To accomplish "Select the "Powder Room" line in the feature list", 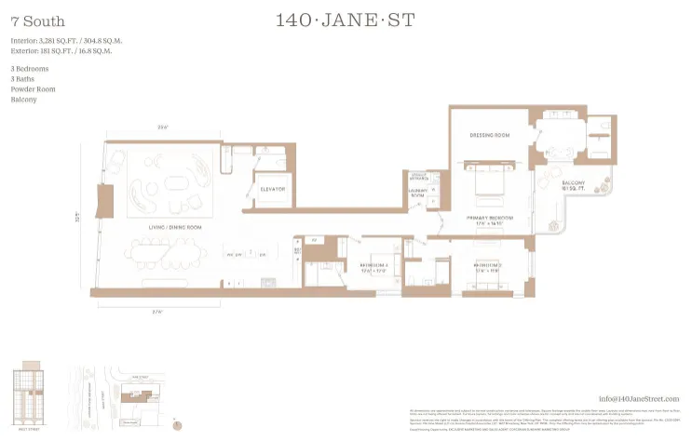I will coord(34,88).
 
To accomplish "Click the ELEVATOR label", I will coord(273,189).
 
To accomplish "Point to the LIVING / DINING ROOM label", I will coord(177,225).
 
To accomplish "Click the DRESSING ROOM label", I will coord(489,136).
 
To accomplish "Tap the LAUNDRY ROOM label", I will coord(416,193).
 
